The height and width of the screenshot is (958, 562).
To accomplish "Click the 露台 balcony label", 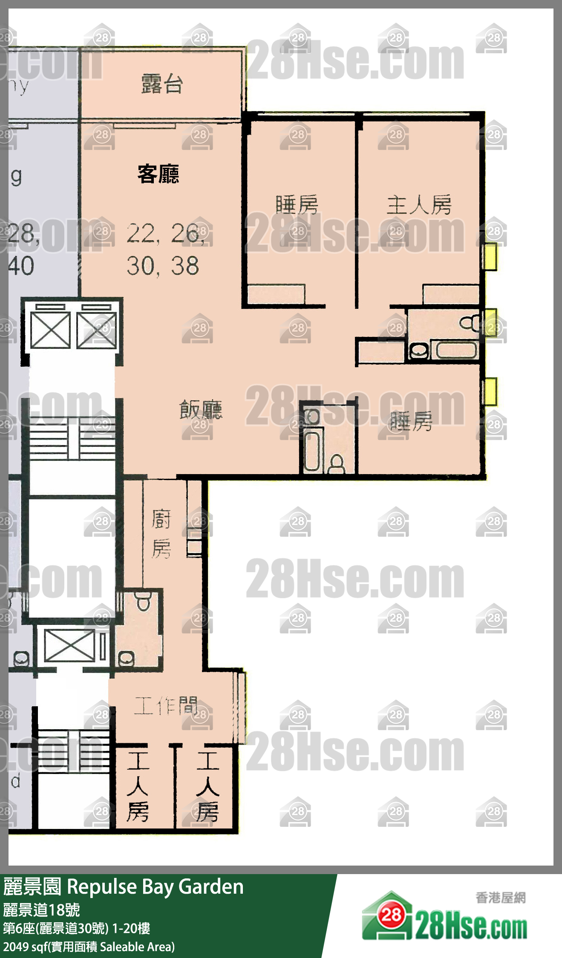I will [162, 84].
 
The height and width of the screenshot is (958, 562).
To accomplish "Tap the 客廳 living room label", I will [159, 174].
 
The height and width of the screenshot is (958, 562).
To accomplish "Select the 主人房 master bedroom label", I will [419, 205].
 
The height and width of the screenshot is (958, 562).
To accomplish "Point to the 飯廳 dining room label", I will [201, 410].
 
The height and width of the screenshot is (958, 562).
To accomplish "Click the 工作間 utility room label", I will [166, 706].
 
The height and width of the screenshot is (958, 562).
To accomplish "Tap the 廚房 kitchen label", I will [161, 534].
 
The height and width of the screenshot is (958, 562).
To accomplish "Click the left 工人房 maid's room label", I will [138, 786].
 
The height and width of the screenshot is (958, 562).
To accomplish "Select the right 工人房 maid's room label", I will [208, 786].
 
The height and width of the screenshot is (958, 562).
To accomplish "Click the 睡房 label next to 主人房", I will [297, 205].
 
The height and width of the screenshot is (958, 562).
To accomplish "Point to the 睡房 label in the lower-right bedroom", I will [411, 421].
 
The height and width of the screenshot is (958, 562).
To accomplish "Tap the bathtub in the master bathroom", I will [455, 350].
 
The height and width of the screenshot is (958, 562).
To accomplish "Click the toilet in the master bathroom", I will [470, 323].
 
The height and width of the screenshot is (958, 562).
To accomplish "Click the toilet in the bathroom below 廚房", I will [144, 602].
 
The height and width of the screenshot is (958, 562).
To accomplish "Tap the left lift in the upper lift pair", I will [50, 330].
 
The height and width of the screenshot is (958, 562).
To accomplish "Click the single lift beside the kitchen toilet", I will [69, 646].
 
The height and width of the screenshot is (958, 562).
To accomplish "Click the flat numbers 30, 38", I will [163, 266].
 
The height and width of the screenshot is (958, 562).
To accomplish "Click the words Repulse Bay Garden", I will [155, 887].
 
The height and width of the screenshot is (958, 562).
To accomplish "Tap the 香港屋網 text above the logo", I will [500, 898].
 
